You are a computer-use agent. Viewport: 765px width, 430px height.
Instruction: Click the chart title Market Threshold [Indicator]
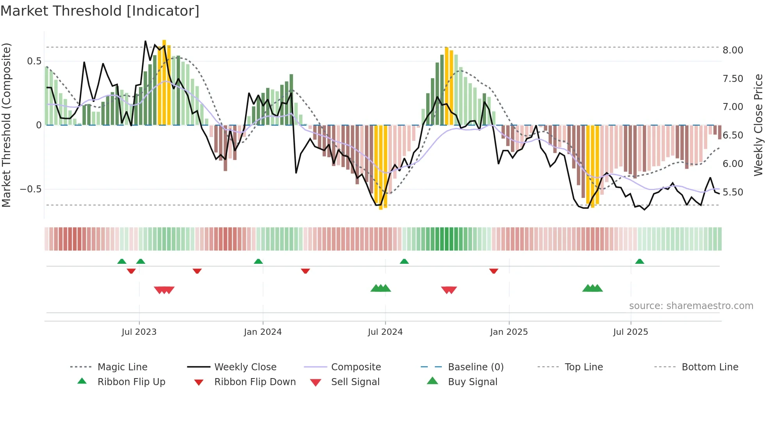coord(100,11)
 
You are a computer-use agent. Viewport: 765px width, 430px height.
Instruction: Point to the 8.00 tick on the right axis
coord(733,50)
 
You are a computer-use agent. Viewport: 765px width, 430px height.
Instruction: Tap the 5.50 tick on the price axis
coord(733,192)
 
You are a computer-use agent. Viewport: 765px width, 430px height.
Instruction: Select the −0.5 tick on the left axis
coord(30,189)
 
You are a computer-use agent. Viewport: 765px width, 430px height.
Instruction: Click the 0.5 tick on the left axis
coord(34,61)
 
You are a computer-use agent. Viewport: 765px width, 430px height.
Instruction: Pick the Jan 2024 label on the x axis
coord(263,332)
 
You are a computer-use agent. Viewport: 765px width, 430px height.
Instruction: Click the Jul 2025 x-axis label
coord(630,332)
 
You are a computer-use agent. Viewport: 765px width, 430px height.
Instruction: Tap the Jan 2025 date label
coord(509,332)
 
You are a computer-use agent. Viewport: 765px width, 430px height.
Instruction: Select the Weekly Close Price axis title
coord(758,125)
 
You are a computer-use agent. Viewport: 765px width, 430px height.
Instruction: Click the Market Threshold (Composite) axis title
coord(6,125)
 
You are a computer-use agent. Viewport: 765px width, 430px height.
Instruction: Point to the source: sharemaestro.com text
coord(691,306)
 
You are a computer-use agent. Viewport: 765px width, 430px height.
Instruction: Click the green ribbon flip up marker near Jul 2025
coord(639,261)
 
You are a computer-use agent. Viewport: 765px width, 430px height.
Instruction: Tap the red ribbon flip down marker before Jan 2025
coord(494,271)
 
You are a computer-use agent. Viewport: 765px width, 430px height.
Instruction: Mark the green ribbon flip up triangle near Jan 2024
coord(258,261)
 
